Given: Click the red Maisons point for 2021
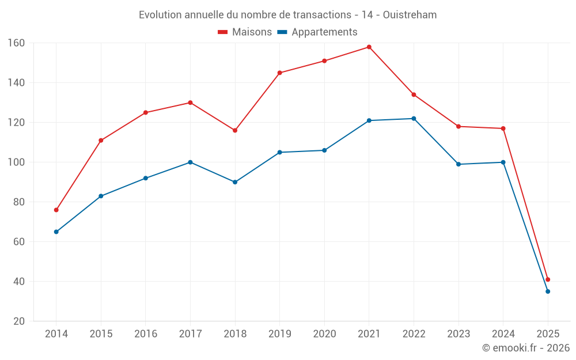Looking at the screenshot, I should tap(369, 47).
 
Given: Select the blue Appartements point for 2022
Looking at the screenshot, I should tap(414, 119).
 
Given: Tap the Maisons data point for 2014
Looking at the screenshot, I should tap(56, 210).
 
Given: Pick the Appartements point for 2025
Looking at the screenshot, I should tap(548, 291).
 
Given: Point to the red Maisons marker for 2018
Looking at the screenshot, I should tap(235, 130).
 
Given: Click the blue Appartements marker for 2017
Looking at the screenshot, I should tap(190, 162).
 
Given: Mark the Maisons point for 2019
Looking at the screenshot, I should tap(280, 73).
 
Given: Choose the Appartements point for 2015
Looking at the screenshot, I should tap(101, 196).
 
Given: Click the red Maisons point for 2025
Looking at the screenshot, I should tap(548, 279).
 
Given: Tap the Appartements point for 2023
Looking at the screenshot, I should tap(458, 164).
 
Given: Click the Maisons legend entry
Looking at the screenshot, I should tap(245, 32).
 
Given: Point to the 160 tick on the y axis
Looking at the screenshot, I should tap(16, 43).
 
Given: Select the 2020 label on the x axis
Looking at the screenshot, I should tap(324, 334).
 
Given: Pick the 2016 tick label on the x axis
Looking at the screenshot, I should tap(145, 334).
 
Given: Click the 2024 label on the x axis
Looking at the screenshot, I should tap(503, 334).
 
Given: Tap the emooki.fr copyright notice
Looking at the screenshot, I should tap(525, 348).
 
